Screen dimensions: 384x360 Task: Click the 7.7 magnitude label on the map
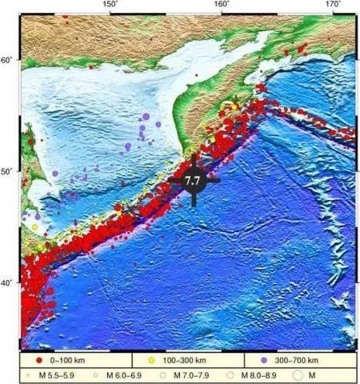point(193,182)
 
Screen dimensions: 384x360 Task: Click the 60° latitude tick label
point(9,60)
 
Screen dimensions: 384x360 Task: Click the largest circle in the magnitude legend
point(303,374)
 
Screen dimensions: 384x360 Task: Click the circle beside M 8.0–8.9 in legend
point(232,374)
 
